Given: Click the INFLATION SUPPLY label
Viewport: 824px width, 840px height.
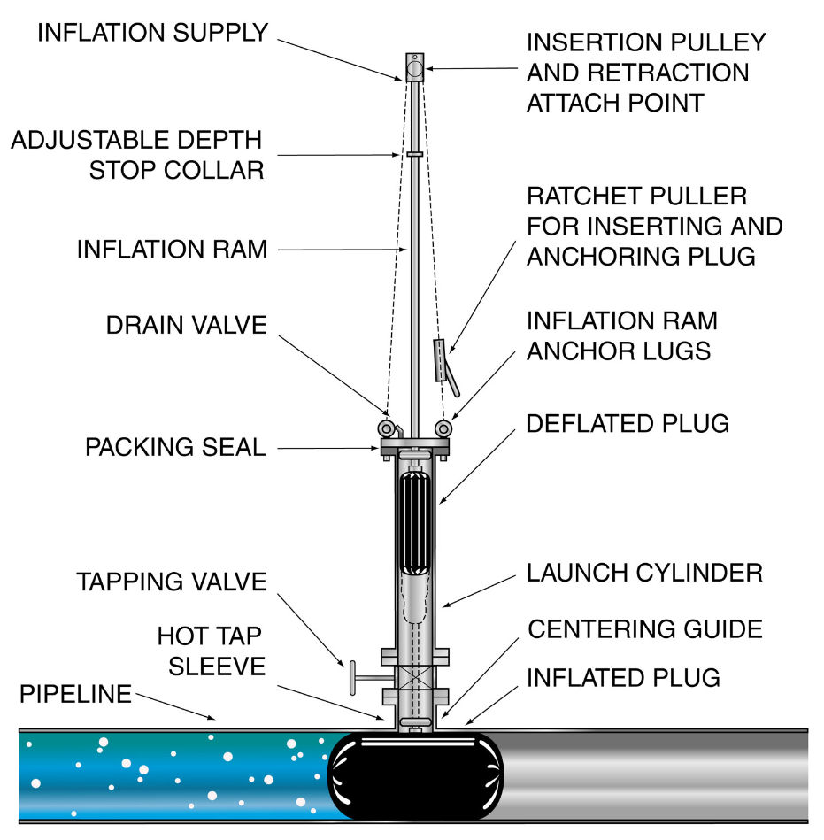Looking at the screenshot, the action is click(x=153, y=34).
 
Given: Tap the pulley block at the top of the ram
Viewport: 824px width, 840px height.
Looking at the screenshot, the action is click(x=414, y=67).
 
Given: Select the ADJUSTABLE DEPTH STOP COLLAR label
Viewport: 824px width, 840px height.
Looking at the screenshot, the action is click(x=138, y=156).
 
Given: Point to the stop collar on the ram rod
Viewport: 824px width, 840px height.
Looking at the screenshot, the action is click(x=414, y=154).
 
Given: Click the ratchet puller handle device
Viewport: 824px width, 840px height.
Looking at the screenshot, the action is click(x=444, y=365).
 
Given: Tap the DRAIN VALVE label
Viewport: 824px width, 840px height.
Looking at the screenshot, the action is click(x=187, y=325).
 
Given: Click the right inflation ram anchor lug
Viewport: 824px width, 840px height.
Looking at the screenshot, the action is click(x=443, y=428).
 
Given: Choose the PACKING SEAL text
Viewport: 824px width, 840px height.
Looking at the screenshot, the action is click(x=176, y=447).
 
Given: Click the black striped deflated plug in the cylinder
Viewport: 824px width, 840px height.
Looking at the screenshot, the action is click(x=415, y=520).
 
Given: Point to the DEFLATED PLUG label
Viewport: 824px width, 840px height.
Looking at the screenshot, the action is click(x=628, y=424).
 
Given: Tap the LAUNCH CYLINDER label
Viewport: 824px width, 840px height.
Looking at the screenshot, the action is click(x=644, y=574).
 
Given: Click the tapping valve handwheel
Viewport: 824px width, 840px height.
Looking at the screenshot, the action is click(x=352, y=678).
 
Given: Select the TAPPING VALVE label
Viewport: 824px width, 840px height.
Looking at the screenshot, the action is click(x=172, y=582).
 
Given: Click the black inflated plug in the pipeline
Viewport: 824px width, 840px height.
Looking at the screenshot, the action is click(x=416, y=775).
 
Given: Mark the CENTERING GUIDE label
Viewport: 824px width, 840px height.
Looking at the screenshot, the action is click(x=645, y=629).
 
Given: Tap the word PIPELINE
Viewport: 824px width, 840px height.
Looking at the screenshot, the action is click(x=75, y=694).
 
